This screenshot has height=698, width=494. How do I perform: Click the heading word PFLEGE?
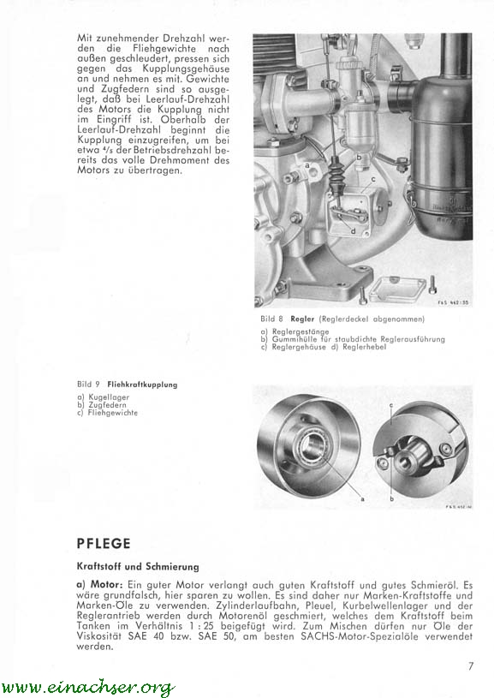tap(104, 544)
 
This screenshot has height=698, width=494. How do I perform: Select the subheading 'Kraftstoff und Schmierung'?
tap(138, 567)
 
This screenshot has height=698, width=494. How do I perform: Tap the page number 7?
tap(471, 666)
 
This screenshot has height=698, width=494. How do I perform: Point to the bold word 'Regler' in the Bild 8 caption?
tap(302, 319)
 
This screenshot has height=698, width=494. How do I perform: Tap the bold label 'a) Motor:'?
tap(100, 584)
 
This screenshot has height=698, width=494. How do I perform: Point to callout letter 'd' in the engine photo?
tap(353, 231)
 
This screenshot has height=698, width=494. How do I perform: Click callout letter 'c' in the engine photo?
tap(373, 179)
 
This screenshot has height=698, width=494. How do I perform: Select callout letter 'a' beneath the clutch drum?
tap(362, 499)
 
